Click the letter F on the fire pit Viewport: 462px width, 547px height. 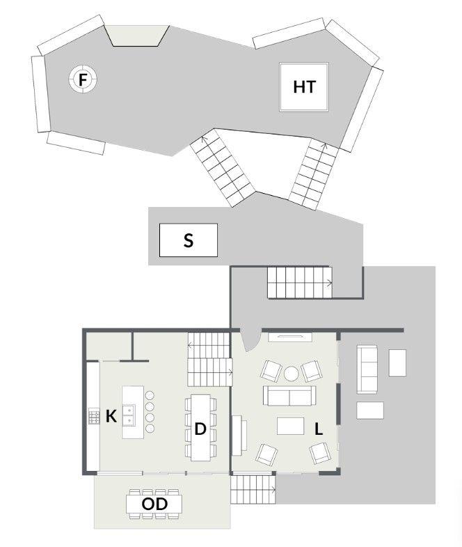(83, 80)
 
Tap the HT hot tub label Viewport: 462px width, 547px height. (305, 87)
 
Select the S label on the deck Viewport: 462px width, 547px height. (188, 240)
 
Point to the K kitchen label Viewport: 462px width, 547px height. (111, 416)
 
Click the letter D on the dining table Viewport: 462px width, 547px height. (200, 429)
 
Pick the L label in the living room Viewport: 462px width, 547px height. (319, 429)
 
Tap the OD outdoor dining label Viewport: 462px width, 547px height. (154, 504)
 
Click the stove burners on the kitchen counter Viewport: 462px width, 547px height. (94, 416)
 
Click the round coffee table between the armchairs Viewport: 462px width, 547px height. (292, 373)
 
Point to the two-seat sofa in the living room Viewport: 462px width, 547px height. (289, 396)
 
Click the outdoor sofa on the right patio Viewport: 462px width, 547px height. (367, 369)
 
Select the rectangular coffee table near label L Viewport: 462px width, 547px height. (291, 426)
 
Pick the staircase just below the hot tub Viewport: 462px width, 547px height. (314, 174)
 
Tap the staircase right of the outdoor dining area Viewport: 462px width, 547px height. (253, 490)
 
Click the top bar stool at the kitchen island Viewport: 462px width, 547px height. (150, 396)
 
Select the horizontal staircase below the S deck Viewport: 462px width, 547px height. (300, 283)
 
